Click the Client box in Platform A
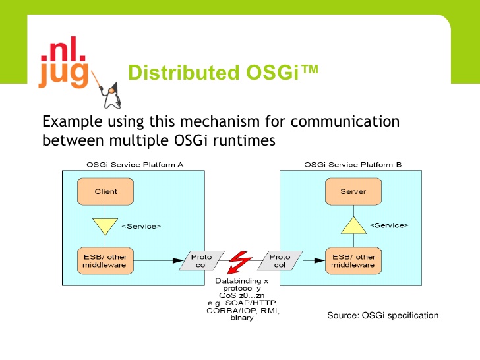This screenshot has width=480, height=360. pos(105,191)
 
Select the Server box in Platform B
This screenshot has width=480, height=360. pos(353,191)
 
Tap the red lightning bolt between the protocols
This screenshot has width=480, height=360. pos(237,261)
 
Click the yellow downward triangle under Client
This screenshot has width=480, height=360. pos(105,227)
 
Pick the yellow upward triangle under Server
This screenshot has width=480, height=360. pos(353,227)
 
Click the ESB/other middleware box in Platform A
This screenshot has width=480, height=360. pos(105,261)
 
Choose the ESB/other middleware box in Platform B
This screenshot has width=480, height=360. pos(353,261)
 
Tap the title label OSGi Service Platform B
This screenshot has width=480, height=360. pos(353,164)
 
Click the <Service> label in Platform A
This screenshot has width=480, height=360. pos(141,226)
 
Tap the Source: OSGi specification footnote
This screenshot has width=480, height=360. pos(382,316)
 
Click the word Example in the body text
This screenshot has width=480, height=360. pos(71,122)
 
